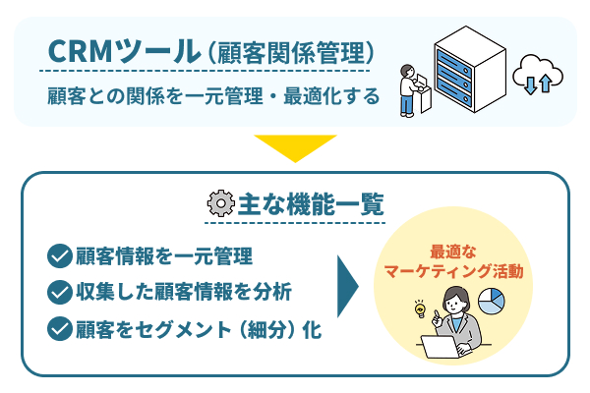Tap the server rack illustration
tap(470, 69)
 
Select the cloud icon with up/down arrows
tap(537, 74)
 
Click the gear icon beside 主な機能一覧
tap(221, 203)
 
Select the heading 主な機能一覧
tap(311, 204)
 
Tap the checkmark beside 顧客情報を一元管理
tap(60, 256)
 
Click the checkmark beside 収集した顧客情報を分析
tap(60, 292)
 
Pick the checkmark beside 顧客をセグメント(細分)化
tap(60, 329)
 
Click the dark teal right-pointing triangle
tap(348, 287)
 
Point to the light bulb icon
tap(420, 309)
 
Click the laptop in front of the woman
tap(441, 347)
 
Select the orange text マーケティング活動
tap(453, 271)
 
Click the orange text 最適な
tap(453, 253)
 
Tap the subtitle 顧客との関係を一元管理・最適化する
tap(213, 96)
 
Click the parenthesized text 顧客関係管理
tap(291, 53)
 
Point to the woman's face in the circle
tap(453, 302)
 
